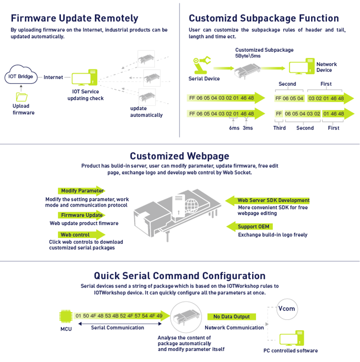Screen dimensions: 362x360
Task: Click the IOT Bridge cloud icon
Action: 20,76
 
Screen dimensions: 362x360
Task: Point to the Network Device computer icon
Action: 299,67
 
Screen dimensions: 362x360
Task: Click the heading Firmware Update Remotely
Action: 74,19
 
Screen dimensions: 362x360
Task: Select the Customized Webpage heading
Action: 180,156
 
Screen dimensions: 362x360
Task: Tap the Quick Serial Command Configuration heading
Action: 180,276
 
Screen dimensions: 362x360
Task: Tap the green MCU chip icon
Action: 65,316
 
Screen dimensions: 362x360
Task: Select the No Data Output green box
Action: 231,316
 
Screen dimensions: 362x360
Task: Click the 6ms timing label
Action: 234,128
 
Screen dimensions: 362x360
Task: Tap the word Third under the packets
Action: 279,128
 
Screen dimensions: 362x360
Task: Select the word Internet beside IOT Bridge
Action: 53,77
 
